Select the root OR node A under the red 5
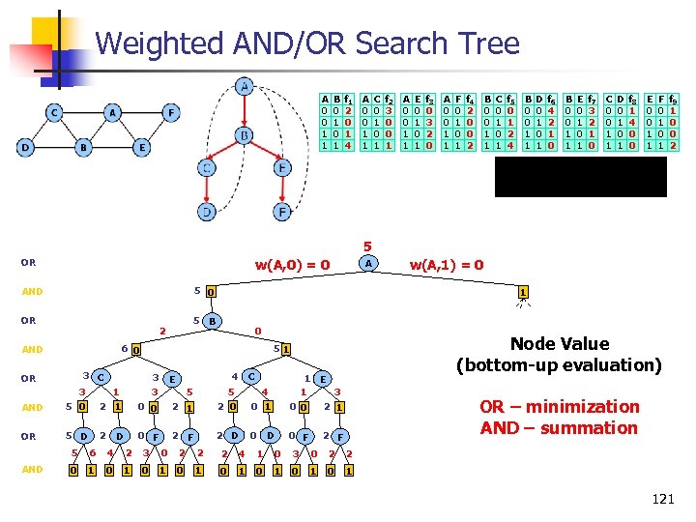click(366, 263)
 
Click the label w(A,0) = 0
click(292, 264)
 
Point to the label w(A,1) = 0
click(447, 264)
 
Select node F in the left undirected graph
click(171, 113)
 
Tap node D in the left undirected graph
click(25, 148)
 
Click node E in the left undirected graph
click(142, 148)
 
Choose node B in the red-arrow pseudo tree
click(245, 134)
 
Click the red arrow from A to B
click(245, 111)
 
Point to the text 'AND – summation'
click(560, 427)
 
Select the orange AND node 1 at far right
click(522, 292)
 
